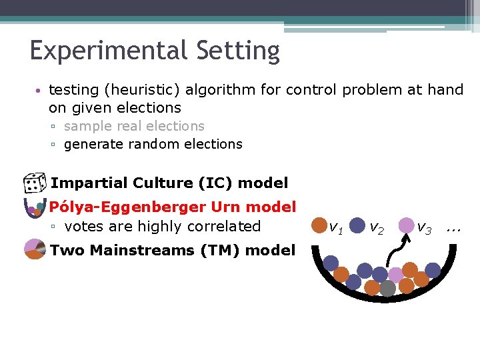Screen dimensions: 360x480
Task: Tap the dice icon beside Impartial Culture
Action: tap(34, 183)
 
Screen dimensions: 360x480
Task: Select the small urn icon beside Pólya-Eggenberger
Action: tap(34, 208)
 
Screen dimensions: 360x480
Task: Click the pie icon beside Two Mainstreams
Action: tap(35, 251)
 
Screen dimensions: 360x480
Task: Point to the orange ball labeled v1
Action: tap(320, 226)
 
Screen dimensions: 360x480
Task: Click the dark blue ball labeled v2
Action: tap(357, 226)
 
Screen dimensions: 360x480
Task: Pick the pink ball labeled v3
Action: tap(406, 225)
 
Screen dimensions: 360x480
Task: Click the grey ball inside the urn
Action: tap(387, 288)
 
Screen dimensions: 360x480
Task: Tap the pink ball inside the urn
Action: tap(396, 275)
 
